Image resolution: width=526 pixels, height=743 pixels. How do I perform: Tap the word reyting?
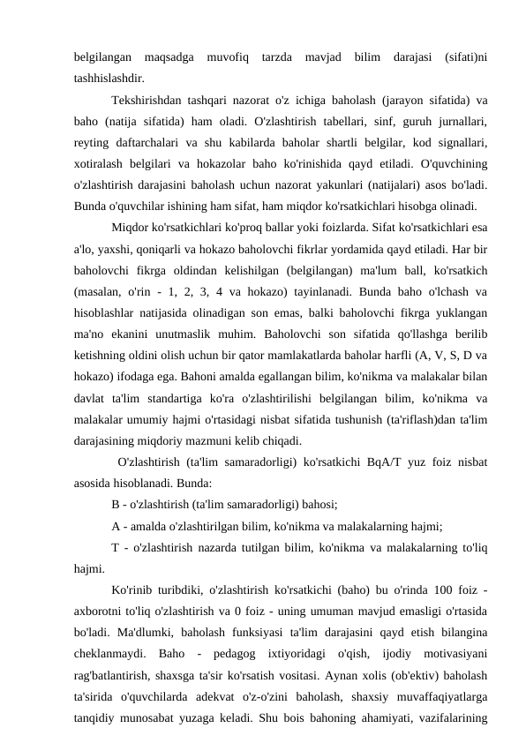pos(92,141)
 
